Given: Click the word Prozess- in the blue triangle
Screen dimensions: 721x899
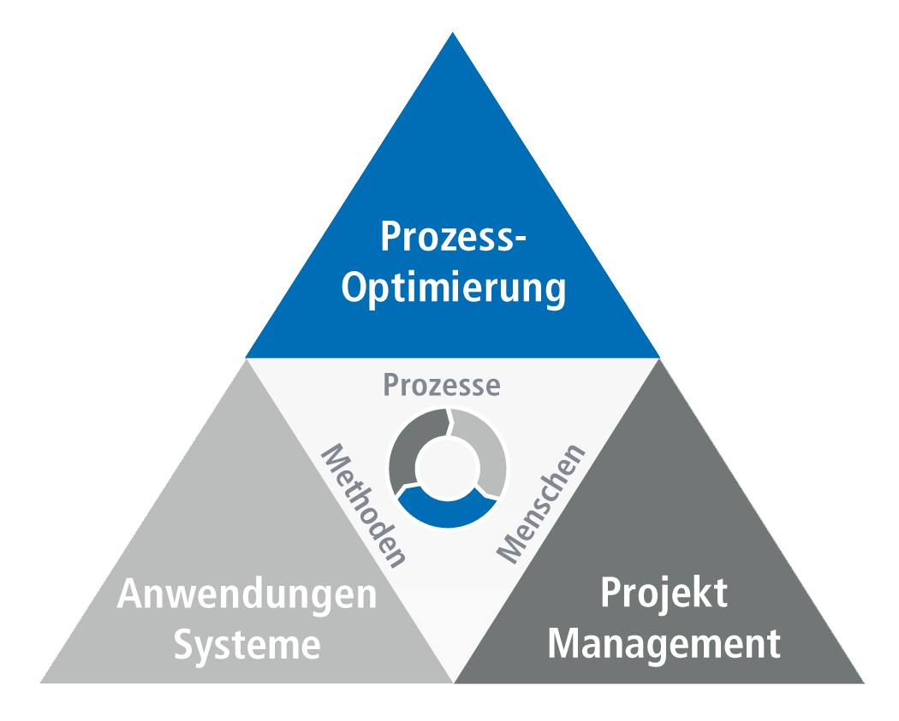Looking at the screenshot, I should [x=452, y=237].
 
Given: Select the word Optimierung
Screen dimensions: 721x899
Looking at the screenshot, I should [x=454, y=289].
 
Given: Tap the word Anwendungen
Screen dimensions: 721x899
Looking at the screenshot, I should [x=247, y=594].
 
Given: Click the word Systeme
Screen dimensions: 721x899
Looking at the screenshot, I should [x=247, y=645].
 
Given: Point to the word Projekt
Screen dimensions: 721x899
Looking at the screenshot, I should [x=664, y=594].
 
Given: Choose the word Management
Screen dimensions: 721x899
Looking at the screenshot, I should [x=664, y=643].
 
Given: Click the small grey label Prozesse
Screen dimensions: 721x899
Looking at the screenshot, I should [x=441, y=385].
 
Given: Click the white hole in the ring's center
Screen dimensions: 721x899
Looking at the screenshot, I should [x=447, y=467].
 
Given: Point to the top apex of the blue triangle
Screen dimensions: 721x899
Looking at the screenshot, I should [x=452, y=34].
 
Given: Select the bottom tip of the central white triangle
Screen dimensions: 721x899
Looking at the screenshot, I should [x=453, y=681].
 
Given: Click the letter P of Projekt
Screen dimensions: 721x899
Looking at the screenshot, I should [x=610, y=593].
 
